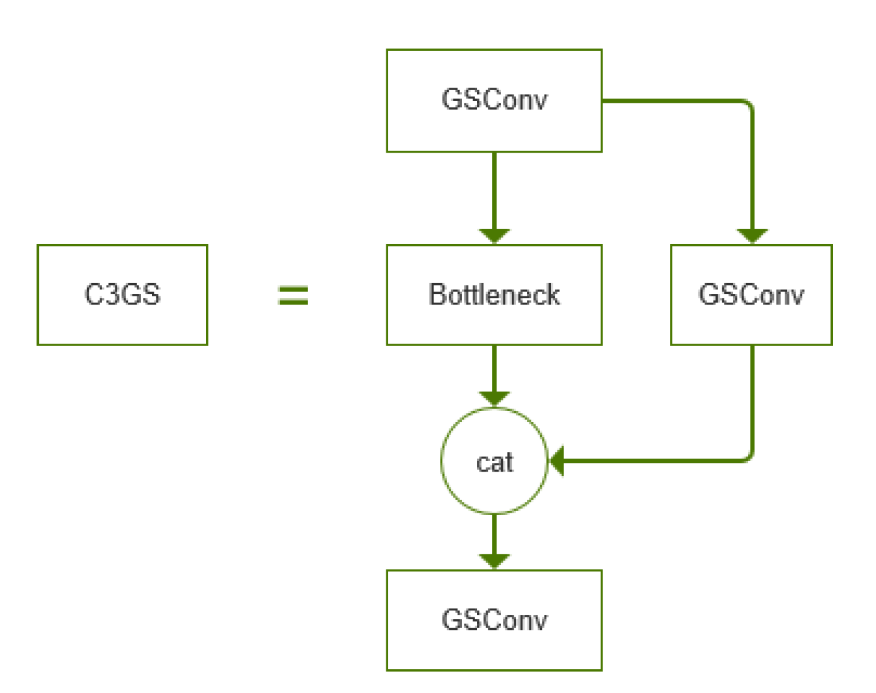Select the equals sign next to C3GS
click(x=293, y=295)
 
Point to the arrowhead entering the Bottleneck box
click(x=494, y=236)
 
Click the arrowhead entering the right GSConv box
click(x=752, y=236)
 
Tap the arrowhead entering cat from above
click(x=494, y=399)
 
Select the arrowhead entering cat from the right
click(x=557, y=461)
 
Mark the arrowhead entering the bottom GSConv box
click(x=494, y=561)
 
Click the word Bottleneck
click(x=494, y=294)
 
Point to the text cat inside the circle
click(x=494, y=462)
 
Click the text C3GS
click(x=122, y=294)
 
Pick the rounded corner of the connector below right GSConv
click(x=748, y=457)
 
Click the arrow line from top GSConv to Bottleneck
click(x=494, y=189)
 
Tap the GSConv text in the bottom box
click(x=494, y=620)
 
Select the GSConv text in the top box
click(x=494, y=100)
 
